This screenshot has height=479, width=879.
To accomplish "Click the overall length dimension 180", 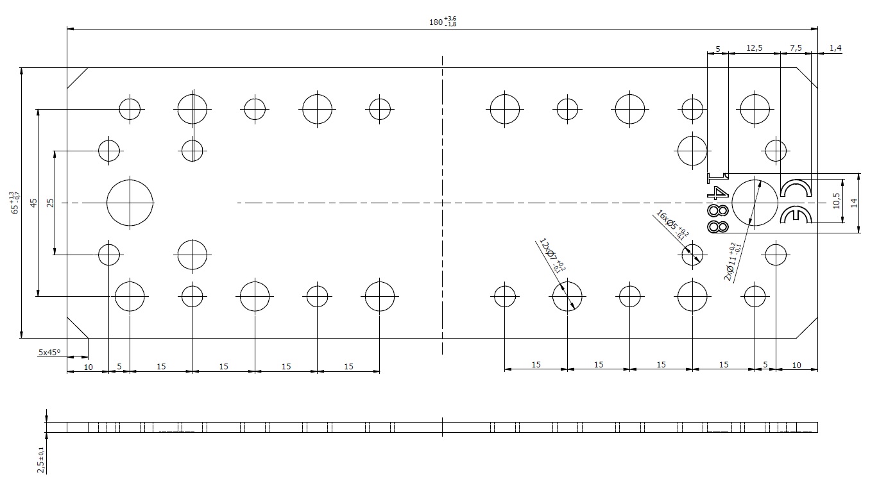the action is pos(443,22).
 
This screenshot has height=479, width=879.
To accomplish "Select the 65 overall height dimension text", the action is pos(15,203).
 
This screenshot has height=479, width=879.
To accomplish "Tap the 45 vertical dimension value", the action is pos(34,203).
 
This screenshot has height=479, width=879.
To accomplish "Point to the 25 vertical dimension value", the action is pos(50,203).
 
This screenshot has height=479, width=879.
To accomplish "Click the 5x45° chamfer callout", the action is pos(49,352).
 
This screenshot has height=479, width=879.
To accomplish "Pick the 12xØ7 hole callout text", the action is pos(552,255).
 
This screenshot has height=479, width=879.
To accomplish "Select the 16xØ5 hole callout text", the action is pos(672,226).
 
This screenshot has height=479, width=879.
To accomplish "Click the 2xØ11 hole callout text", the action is pos(732,262).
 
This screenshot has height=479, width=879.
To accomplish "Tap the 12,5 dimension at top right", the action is pos(755,48).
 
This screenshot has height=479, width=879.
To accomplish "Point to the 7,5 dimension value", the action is pos(796,48).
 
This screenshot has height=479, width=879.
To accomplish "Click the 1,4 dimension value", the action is pos(835,48).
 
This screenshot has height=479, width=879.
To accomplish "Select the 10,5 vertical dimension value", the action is pos(836,201).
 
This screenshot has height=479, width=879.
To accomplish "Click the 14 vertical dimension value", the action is pos(854,203).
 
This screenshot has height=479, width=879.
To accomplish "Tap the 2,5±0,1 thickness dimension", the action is pos(40,460).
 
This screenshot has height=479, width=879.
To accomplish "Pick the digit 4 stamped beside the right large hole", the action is pos(718,192).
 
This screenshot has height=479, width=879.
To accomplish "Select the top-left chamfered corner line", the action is pos(77,78).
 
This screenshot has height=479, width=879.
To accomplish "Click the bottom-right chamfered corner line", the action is pos(807,328).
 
